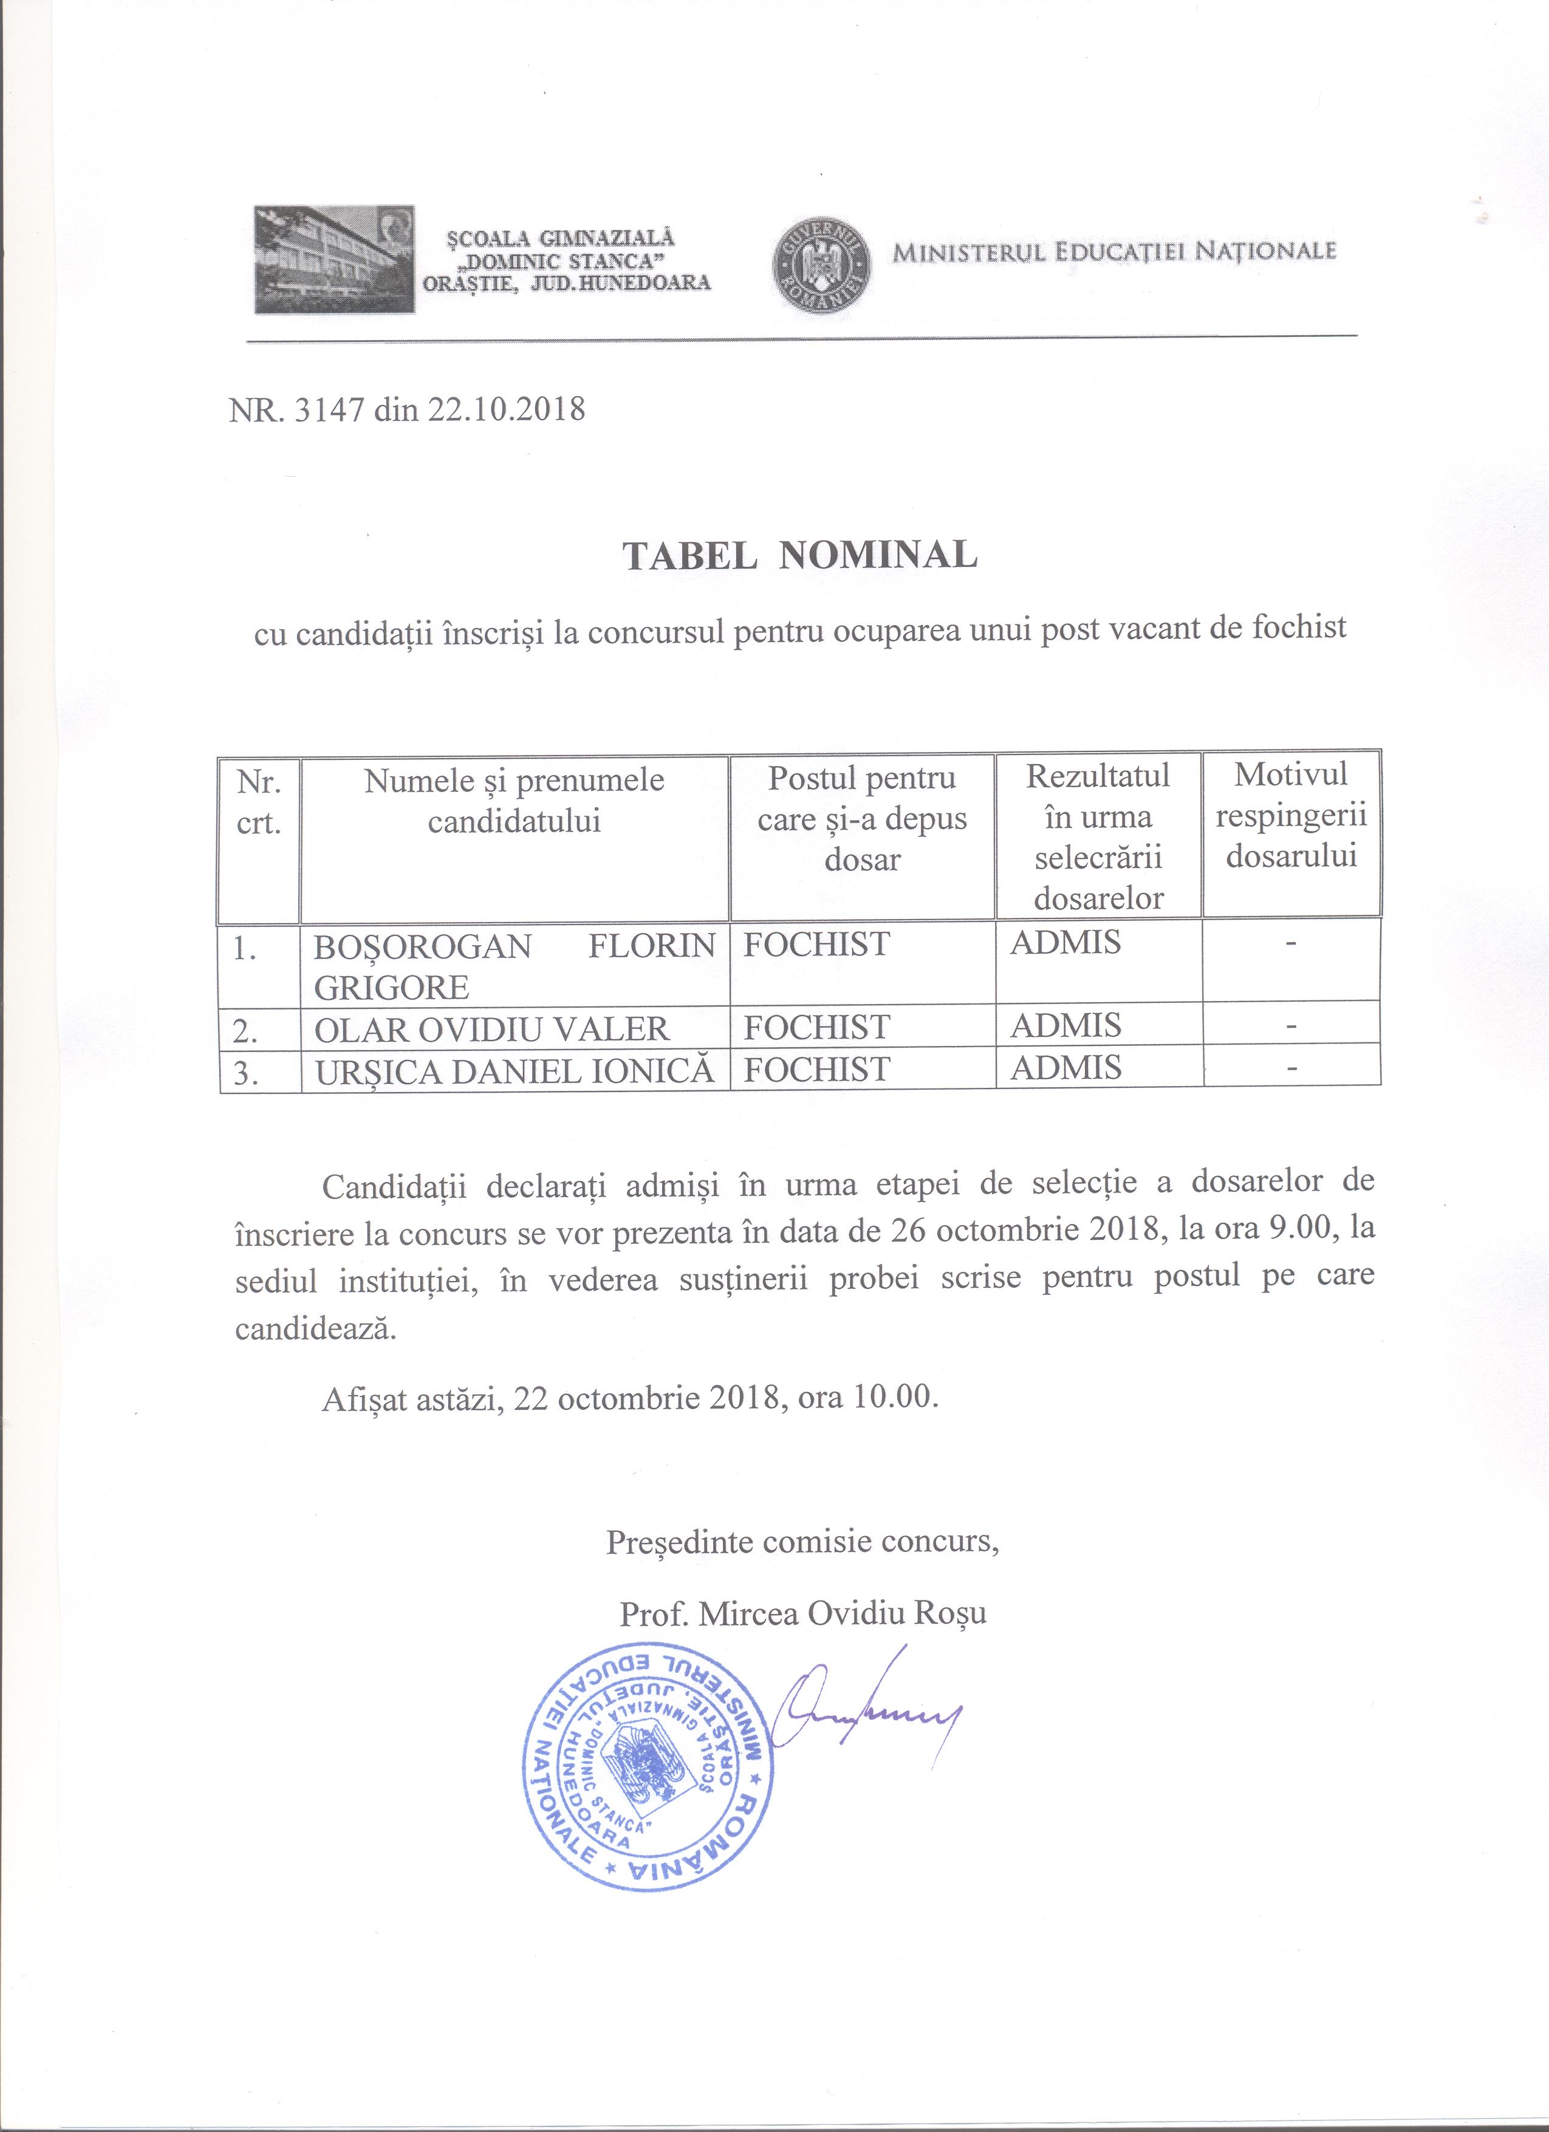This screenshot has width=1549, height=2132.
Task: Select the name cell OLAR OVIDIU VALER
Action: pos(491,1028)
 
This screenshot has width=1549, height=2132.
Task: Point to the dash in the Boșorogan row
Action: pos(1291,943)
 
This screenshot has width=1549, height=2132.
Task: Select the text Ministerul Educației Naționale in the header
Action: pos(1115,252)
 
